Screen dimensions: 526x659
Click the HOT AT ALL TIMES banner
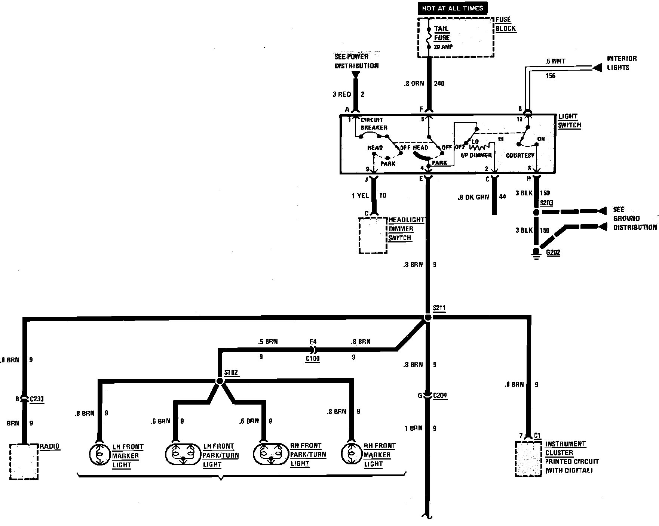[453, 8]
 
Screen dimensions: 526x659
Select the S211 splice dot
[428, 318]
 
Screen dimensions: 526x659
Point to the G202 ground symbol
[536, 253]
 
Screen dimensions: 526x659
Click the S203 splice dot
[536, 212]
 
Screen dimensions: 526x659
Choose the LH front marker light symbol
[99, 455]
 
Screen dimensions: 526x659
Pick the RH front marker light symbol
[351, 454]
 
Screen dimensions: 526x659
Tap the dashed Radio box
[24, 461]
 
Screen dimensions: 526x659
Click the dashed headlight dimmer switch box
[373, 235]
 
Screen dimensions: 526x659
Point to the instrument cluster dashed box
[528, 459]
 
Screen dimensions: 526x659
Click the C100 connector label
[312, 359]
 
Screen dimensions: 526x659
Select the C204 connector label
[440, 396]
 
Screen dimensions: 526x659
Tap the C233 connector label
[36, 399]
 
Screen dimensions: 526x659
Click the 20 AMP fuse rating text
[443, 47]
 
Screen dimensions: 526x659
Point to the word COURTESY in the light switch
[520, 155]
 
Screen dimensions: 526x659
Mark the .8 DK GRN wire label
[473, 197]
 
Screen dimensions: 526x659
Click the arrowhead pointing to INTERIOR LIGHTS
[597, 68]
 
